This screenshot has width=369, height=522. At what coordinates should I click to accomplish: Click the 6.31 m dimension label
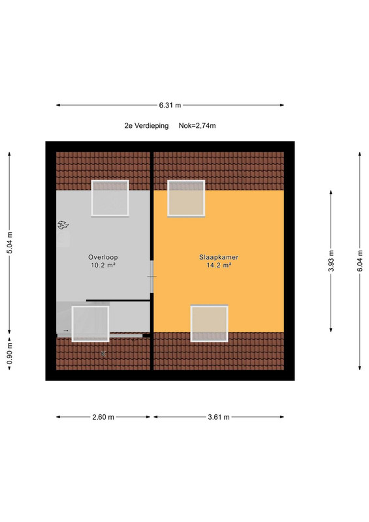pos(170,105)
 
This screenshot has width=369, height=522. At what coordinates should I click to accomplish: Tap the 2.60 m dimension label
pos(103,417)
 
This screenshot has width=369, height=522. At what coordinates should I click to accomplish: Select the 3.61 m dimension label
pos(219,417)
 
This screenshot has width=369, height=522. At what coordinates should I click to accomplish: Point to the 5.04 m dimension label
pos(9,243)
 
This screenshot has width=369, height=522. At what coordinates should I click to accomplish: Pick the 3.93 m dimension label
pos(331,260)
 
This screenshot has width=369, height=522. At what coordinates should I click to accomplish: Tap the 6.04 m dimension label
pos(360,260)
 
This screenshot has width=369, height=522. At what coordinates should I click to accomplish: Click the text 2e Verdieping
pos(146,126)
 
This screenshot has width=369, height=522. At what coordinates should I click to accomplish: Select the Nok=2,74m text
pos(197,126)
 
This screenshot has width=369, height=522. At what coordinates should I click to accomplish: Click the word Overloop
pos(103,257)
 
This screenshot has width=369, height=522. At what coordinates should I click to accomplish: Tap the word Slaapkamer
pos(219,257)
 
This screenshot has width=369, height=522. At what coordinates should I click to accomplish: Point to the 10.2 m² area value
pos(103,266)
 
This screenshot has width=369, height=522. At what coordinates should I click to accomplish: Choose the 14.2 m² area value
pos(219,266)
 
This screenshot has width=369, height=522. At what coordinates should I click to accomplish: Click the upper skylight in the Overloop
pos(110,198)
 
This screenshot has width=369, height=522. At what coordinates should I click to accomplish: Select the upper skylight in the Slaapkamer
pos(186,198)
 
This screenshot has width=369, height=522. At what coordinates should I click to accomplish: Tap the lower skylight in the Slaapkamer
pos(210,324)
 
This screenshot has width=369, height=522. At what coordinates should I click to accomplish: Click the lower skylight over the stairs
pos(90,324)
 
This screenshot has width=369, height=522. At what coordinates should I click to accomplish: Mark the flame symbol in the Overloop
pos(63,225)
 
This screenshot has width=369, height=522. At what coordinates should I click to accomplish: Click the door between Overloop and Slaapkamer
pos(152,277)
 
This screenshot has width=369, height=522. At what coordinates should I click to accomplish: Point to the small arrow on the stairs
pos(66,331)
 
